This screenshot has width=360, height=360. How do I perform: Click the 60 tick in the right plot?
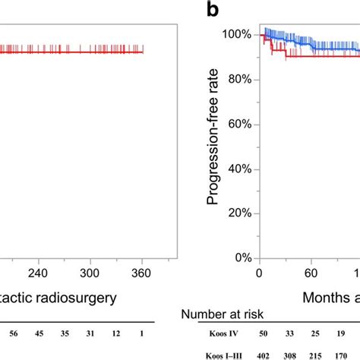click(311, 274)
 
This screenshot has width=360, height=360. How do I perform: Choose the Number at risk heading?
click(221, 313)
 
